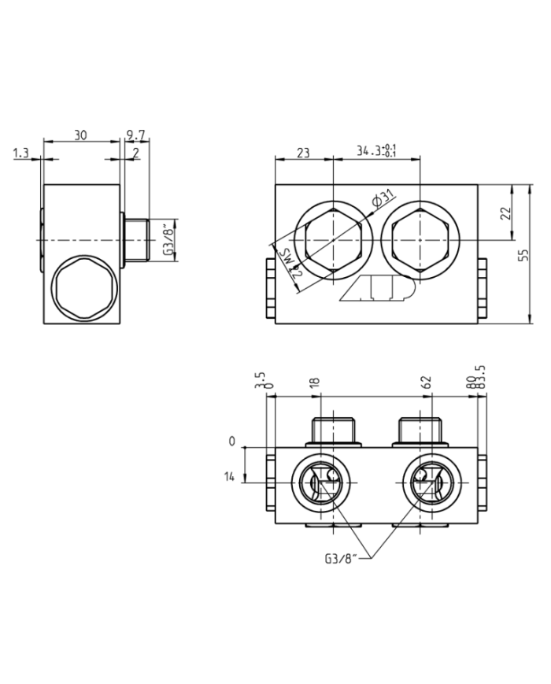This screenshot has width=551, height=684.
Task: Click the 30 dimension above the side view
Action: coord(80,135)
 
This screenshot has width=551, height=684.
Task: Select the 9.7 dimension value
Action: coord(136,135)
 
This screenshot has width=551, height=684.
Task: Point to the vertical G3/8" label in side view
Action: coord(166,239)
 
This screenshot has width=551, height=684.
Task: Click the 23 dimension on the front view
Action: coord(304,153)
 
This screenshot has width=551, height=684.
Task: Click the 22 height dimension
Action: coord(506,212)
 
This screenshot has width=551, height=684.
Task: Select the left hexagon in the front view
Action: coord(333,239)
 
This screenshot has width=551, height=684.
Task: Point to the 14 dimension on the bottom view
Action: coord(231,477)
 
